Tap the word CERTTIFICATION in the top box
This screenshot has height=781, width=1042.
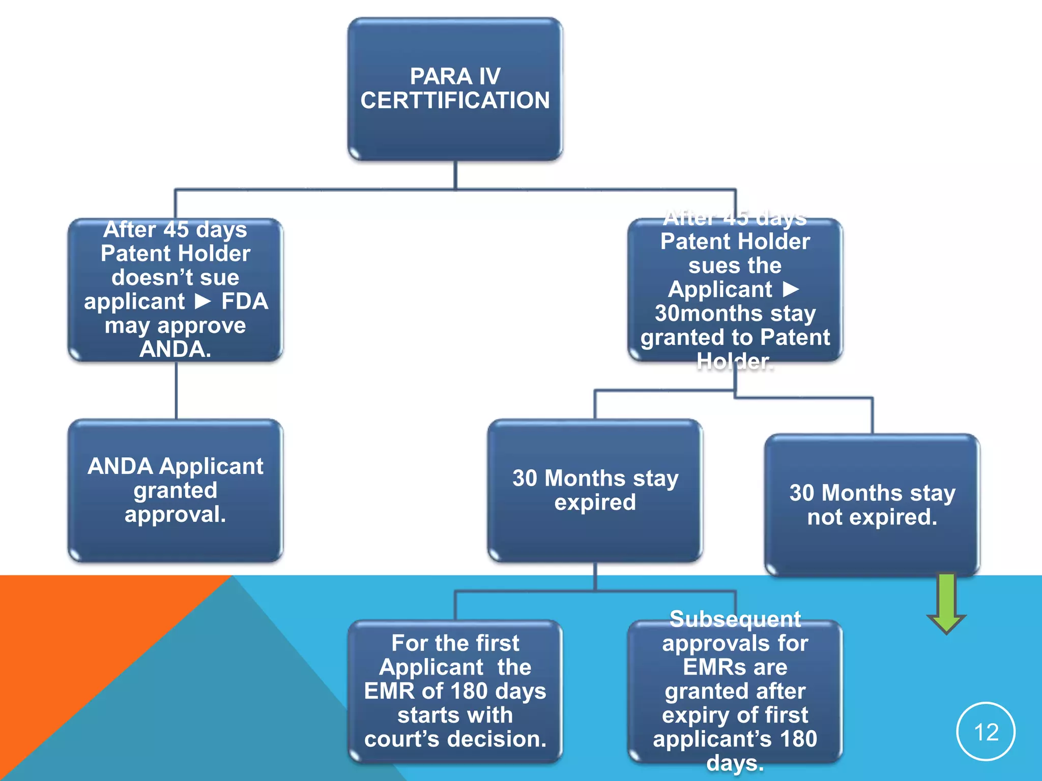(x=455, y=101)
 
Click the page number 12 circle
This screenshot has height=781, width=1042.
(x=986, y=732)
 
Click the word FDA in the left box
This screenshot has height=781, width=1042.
(x=244, y=302)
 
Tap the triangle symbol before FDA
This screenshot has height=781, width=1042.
(x=203, y=302)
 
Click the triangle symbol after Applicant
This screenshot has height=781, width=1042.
(x=790, y=289)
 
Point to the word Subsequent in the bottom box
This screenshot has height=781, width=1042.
(x=735, y=619)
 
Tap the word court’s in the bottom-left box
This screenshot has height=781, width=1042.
(x=401, y=739)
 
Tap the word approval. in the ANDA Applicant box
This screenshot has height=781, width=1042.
(x=175, y=515)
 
